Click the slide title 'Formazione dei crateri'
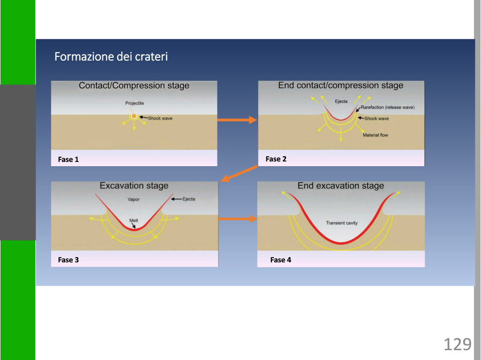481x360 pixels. (111, 57)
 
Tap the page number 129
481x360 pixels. (458, 344)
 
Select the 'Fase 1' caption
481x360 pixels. (69, 160)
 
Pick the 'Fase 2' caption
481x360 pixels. (276, 159)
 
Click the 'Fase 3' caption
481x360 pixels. (69, 260)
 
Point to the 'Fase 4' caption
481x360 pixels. (281, 260)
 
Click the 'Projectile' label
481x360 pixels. (134, 103)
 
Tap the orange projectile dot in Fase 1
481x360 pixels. (134, 116)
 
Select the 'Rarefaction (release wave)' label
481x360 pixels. (388, 107)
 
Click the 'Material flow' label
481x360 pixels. (375, 135)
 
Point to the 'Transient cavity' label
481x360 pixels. (342, 223)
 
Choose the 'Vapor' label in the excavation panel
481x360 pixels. (133, 199)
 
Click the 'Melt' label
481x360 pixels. (133, 221)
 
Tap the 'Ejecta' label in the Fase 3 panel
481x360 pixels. (189, 199)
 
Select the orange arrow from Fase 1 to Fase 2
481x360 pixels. (237, 120)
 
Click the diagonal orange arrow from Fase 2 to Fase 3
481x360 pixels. (239, 174)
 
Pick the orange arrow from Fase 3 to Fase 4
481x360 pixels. (237, 219)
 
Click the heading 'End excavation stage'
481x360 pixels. (341, 186)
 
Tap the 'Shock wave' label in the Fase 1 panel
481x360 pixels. (160, 118)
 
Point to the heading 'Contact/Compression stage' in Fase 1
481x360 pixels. (134, 85)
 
